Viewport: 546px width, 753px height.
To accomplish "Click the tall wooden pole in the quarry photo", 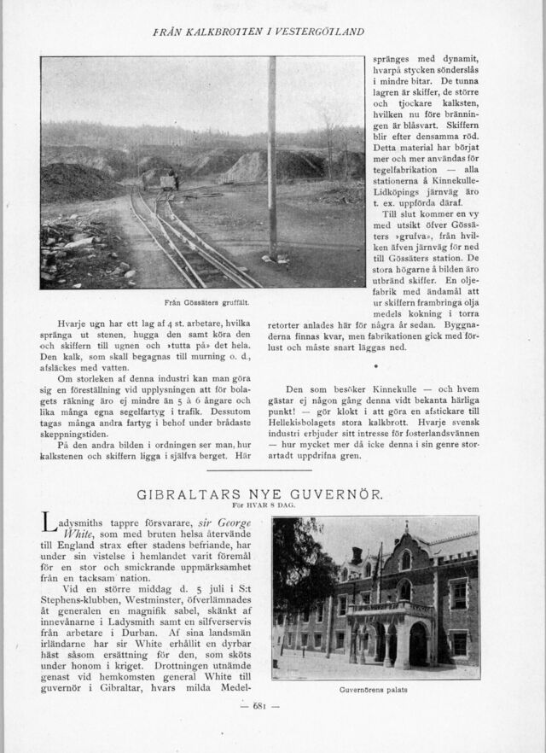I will point(272,162).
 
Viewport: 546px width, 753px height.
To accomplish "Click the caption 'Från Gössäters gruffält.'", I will point(200,303).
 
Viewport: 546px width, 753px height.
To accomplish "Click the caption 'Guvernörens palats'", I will point(372,691).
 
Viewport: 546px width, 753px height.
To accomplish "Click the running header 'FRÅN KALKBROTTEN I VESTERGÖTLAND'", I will point(258,32).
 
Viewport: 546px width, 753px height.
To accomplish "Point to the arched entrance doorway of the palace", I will point(417,646).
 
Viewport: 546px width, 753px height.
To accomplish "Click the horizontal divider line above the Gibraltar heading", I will point(272,469).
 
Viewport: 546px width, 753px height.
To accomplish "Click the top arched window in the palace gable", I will point(406,560).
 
